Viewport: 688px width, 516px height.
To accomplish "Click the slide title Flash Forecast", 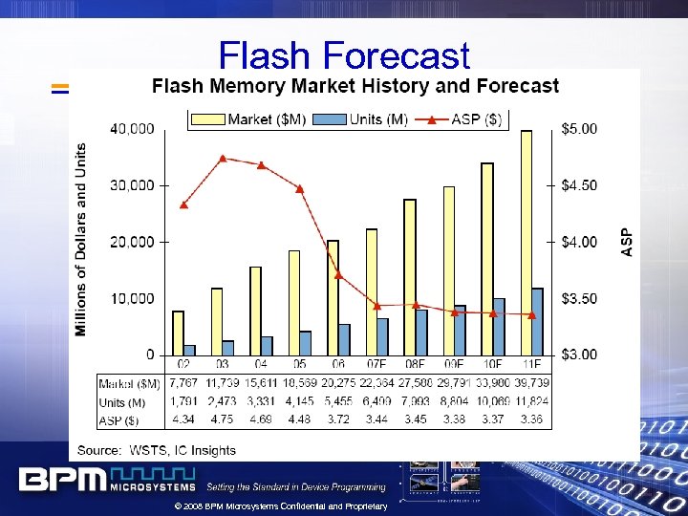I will click(344, 55).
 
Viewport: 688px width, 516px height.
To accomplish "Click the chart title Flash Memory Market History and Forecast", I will click(355, 86).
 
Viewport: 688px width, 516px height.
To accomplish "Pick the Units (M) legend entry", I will click(363, 119).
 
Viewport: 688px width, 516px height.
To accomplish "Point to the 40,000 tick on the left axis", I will click(134, 129).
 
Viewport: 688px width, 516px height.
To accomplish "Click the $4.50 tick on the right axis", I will click(577, 185).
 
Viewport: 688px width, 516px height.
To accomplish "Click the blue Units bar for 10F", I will click(499, 326).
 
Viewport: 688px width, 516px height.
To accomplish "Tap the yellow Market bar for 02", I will click(178, 333).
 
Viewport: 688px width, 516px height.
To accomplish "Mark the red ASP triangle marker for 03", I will click(223, 159).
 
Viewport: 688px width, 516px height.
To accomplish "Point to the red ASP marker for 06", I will click(338, 274).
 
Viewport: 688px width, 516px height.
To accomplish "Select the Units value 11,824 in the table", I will click(532, 402).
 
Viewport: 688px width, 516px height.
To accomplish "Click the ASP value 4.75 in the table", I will click(222, 419).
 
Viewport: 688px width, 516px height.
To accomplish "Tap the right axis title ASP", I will click(627, 242).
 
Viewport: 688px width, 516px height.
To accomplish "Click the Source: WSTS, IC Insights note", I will click(157, 449).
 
